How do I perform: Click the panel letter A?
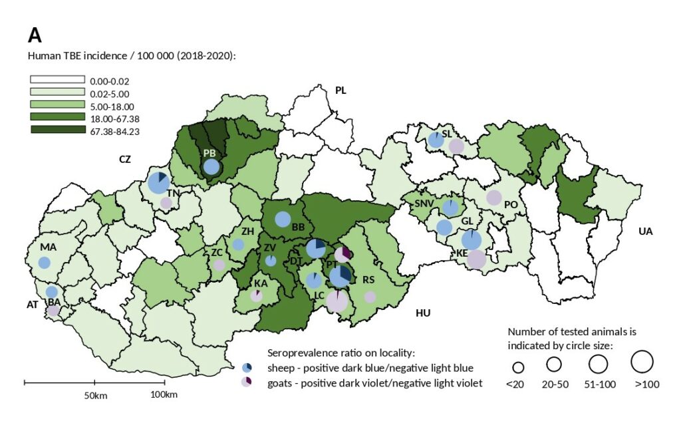(35, 35)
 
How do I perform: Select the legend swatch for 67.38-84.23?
(57, 130)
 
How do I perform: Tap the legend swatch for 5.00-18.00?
(57, 105)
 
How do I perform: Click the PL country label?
(341, 90)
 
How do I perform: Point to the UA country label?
(645, 231)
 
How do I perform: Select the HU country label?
(423, 313)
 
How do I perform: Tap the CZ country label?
(125, 159)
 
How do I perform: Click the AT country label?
(32, 305)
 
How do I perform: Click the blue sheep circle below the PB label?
(211, 166)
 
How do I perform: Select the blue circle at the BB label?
(283, 218)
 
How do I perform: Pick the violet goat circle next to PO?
(493, 197)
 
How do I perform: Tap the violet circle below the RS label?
(370, 297)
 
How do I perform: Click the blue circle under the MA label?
(45, 262)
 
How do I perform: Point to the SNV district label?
(424, 203)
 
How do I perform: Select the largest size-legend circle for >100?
(642, 362)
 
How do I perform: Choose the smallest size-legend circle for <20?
(519, 367)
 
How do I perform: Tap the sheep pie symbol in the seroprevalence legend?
(247, 368)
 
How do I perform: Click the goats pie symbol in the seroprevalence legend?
(247, 382)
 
